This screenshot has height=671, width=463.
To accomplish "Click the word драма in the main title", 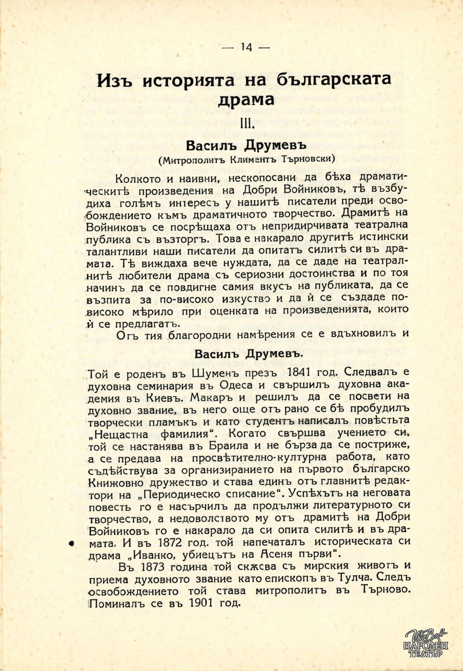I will [x=246, y=100].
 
